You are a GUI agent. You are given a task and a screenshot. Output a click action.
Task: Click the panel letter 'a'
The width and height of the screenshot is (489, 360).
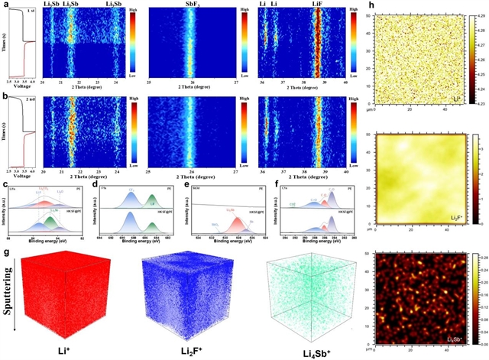tap(5, 6)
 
